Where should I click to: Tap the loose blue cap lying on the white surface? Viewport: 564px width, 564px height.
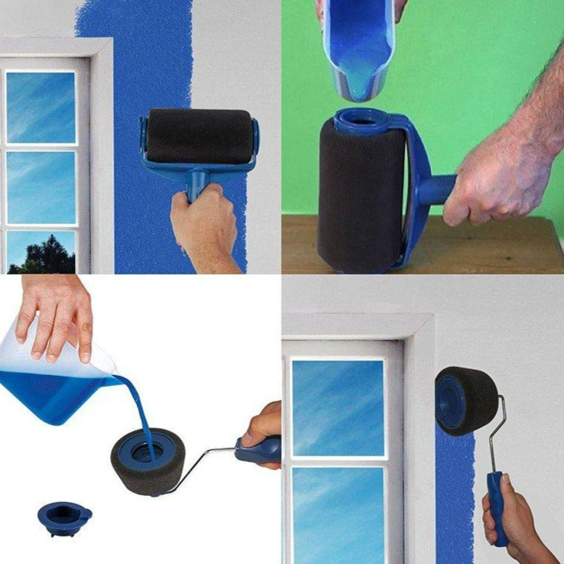tap(63, 517)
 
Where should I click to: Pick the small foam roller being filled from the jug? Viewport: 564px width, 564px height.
tap(147, 462)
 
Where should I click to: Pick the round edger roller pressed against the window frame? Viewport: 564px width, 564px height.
tap(465, 400)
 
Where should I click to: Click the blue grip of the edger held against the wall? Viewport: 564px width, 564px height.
tap(498, 504)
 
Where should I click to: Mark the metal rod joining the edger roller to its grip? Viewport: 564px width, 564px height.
tap(497, 436)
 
